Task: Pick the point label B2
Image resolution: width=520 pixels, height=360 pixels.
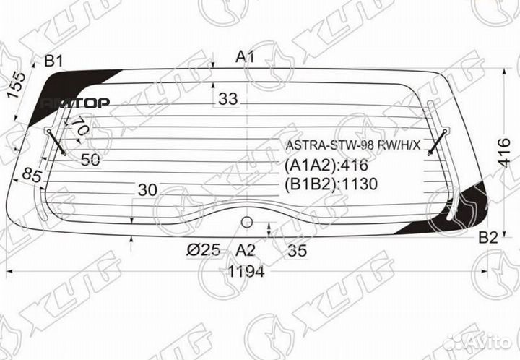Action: [x=488, y=238]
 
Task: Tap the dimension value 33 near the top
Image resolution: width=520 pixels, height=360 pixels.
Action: [x=227, y=100]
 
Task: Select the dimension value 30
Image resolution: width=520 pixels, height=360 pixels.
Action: [x=147, y=189]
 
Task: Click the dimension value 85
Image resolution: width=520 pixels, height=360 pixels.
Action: [x=30, y=176]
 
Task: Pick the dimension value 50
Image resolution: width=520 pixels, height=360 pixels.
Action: [x=90, y=160]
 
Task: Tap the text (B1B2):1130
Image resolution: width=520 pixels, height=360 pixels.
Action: [x=331, y=184]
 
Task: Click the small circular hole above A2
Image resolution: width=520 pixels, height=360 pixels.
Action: [x=246, y=221]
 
